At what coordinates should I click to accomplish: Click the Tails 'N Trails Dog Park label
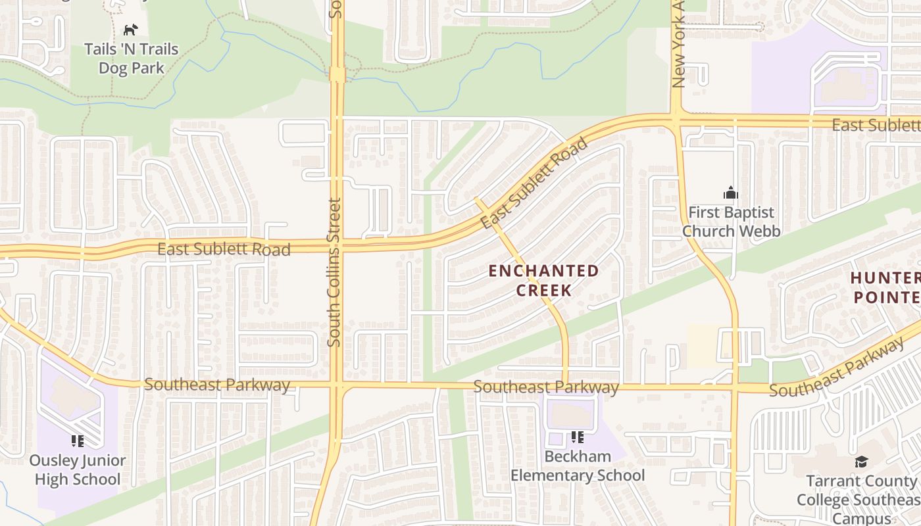pyautogui.click(x=131, y=59)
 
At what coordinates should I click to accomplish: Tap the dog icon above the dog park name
pyautogui.click(x=131, y=30)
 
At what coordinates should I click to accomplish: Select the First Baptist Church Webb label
pyautogui.click(x=731, y=222)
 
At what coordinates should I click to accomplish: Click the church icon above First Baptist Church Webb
pyautogui.click(x=730, y=193)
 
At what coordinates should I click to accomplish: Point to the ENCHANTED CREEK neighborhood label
pyautogui.click(x=544, y=280)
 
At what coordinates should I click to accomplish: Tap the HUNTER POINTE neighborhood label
pyautogui.click(x=885, y=287)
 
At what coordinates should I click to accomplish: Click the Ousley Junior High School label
pyautogui.click(x=78, y=469)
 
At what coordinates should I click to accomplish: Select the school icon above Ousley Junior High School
pyautogui.click(x=78, y=441)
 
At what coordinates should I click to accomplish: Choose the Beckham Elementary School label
pyautogui.click(x=578, y=466)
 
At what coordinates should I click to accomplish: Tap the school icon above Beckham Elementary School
pyautogui.click(x=578, y=437)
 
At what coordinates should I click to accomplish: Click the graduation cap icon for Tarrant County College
pyautogui.click(x=861, y=462)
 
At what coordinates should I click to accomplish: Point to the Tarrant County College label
pyautogui.click(x=859, y=500)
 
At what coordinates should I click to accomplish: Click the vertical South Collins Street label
pyautogui.click(x=335, y=272)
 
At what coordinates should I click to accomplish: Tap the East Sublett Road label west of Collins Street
pyautogui.click(x=224, y=249)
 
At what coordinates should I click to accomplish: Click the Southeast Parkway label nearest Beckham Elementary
pyautogui.click(x=546, y=387)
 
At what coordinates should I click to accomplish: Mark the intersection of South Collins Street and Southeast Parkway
pyautogui.click(x=337, y=385)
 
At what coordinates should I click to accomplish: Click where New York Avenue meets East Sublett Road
pyautogui.click(x=676, y=120)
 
